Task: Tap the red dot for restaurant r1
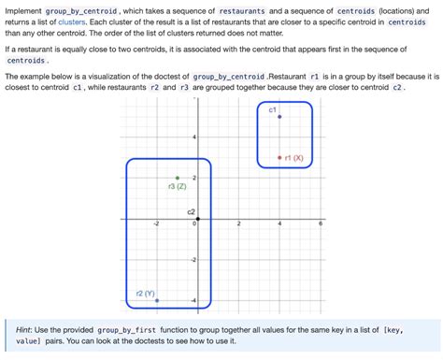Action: point(280,157)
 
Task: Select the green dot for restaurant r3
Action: point(177,178)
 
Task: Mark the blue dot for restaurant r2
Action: point(157,300)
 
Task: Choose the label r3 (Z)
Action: point(177,187)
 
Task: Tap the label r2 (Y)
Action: point(145,293)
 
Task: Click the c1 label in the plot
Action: point(272,109)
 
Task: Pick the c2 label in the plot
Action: point(191,211)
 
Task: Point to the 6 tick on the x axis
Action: point(320,224)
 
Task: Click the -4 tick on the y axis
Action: point(193,299)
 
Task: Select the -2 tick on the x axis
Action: point(156,224)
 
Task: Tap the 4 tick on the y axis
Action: point(193,137)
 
